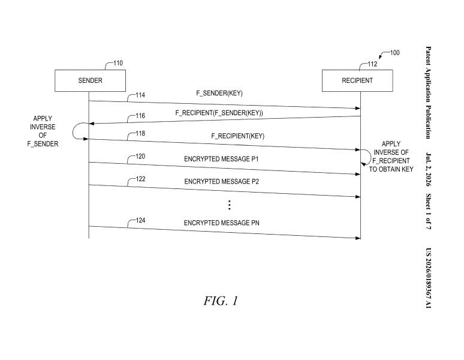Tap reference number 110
click(x=118, y=63)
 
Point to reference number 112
click(x=372, y=64)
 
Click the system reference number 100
click(x=394, y=53)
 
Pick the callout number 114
click(x=140, y=95)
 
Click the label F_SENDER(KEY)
click(x=219, y=93)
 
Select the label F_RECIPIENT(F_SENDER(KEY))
click(x=219, y=113)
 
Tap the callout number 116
click(x=140, y=116)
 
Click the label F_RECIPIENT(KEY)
click(x=237, y=136)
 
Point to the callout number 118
click(x=140, y=134)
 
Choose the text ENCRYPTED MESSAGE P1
click(x=221, y=159)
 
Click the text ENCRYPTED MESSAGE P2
click(x=222, y=181)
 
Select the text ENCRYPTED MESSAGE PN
click(x=222, y=223)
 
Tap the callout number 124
click(x=140, y=220)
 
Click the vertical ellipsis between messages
click(x=230, y=205)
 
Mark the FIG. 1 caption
click(x=221, y=301)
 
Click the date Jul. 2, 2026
click(x=428, y=169)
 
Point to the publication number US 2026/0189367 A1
click(x=428, y=278)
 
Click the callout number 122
click(x=140, y=179)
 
